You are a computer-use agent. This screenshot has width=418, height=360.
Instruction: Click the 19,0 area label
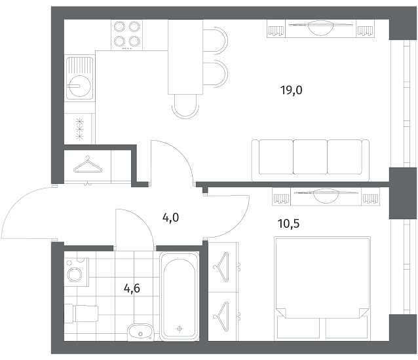point(291,90)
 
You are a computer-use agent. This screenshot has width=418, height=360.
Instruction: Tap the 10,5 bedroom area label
point(288,224)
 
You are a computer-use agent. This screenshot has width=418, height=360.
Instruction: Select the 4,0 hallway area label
point(170,218)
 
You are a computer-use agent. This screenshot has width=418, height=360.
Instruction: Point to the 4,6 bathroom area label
point(132,288)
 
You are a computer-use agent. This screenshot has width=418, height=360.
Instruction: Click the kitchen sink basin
point(80,86)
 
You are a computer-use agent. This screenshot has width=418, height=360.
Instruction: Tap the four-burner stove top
point(127,35)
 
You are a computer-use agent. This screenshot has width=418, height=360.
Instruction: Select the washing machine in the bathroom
point(77,272)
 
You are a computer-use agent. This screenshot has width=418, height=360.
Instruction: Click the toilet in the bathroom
point(82,314)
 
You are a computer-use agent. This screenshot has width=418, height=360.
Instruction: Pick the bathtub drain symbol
point(180,329)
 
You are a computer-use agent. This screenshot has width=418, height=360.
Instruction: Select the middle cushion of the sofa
point(311,157)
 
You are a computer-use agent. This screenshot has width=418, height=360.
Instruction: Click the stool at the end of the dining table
point(185,107)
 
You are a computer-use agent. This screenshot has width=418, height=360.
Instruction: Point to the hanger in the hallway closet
point(88,165)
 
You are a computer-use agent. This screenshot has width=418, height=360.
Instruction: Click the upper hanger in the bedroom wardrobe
point(222,267)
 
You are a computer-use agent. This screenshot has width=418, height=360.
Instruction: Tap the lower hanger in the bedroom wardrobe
point(222,317)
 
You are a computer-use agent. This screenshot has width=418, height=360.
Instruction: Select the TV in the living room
point(320,27)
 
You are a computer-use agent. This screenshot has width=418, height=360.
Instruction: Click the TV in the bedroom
point(326,196)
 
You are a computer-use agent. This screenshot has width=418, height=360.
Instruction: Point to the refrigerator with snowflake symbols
point(79,129)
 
